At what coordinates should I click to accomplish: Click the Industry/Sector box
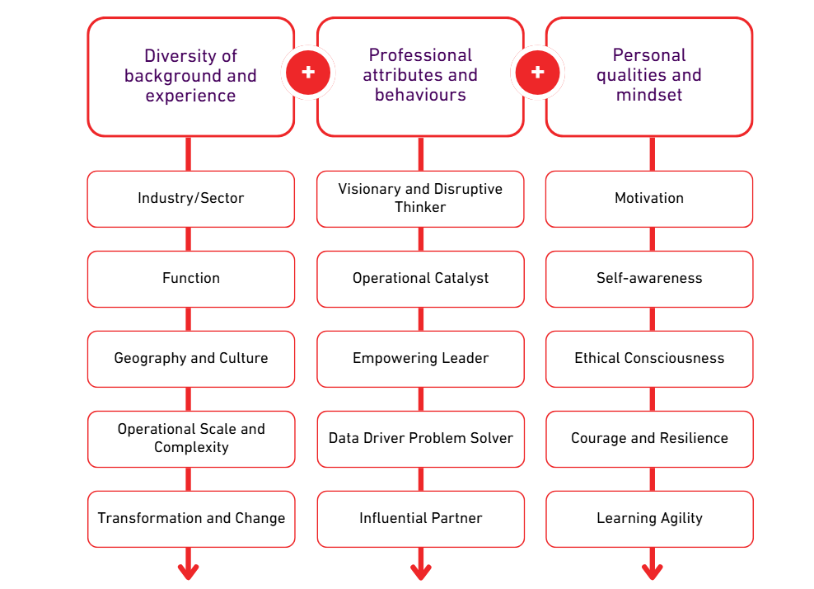tap(190, 199)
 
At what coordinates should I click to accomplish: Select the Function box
tap(190, 279)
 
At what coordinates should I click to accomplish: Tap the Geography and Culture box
tap(190, 359)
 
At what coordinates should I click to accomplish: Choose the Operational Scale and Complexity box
tap(190, 439)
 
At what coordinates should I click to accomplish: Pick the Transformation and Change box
tap(190, 519)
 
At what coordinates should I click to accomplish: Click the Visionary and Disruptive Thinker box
tap(420, 199)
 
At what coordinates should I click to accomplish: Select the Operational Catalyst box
tap(420, 279)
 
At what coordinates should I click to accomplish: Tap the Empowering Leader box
tap(420, 359)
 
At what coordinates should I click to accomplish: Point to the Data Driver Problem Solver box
tap(420, 439)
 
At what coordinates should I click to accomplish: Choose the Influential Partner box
tap(420, 519)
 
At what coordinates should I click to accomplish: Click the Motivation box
tap(649, 199)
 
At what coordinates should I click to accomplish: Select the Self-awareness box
tap(649, 279)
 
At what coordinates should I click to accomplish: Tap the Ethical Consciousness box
tap(649, 359)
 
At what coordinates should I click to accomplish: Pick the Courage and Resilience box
tap(649, 439)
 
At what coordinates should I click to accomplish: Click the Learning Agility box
tap(649, 519)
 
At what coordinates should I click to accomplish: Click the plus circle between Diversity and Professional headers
tap(308, 73)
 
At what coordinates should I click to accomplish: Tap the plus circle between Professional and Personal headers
tap(537, 73)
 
